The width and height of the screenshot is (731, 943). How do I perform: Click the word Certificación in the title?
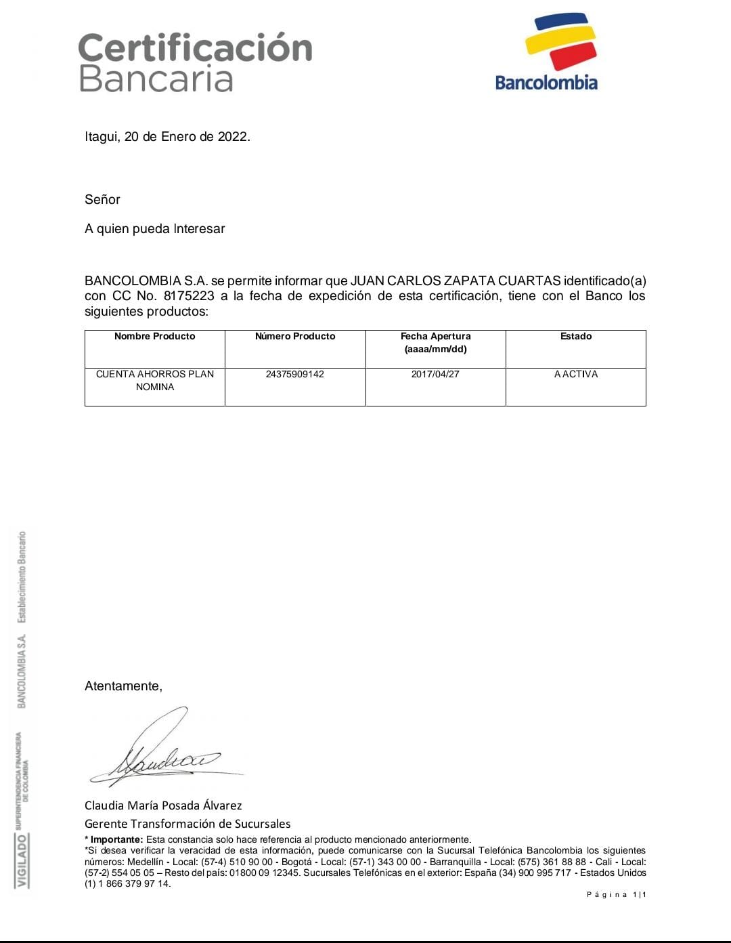(x=196, y=48)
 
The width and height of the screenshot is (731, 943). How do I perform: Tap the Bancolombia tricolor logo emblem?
(x=561, y=42)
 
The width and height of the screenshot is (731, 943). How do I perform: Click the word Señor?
(x=102, y=199)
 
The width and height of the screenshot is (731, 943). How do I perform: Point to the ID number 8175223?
(x=189, y=296)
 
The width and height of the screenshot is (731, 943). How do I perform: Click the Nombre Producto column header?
(x=154, y=336)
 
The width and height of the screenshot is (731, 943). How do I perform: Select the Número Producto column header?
(x=295, y=336)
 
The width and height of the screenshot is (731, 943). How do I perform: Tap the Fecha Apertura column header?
(x=435, y=336)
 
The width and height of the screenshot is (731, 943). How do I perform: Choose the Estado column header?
(x=576, y=336)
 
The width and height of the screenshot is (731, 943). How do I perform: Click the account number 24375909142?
(x=295, y=374)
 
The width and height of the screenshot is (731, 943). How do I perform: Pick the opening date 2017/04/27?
(x=435, y=374)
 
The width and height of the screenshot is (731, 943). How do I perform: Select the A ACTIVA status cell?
(x=576, y=374)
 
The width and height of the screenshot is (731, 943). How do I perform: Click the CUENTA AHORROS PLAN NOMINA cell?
(x=155, y=380)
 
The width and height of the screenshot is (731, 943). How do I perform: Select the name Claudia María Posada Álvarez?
(x=163, y=805)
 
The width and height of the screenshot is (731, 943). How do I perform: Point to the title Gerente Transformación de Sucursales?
(x=187, y=824)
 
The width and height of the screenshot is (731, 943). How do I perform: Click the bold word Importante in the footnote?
(x=116, y=839)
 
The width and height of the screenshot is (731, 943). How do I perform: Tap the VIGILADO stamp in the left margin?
(x=22, y=860)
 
